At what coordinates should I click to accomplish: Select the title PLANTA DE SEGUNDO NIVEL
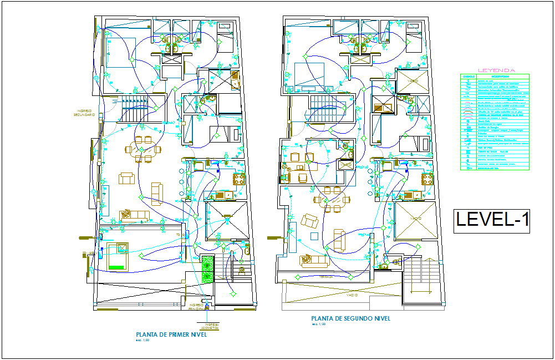pyautogui.click(x=350, y=319)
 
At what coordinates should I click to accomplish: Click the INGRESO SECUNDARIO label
pyautogui.click(x=84, y=113)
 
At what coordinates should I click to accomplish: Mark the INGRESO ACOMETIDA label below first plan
pyautogui.click(x=211, y=326)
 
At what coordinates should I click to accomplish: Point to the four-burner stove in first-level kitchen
pyautogui.click(x=239, y=179)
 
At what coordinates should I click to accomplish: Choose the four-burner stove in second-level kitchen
pyautogui.click(x=427, y=179)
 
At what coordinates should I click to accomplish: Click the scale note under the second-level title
pyautogui.click(x=318, y=324)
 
